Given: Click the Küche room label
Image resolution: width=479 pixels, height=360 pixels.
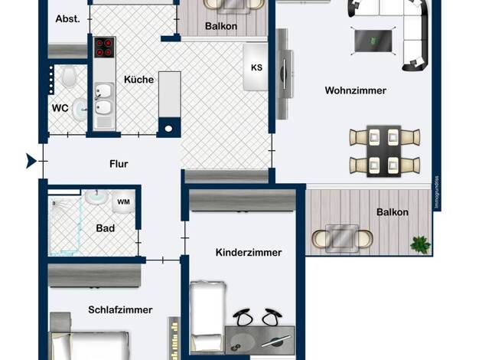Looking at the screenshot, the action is click(138, 80).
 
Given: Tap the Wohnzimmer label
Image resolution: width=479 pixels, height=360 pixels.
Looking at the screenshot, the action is click(356, 90).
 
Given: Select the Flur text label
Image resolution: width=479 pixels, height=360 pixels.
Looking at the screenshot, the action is click(119, 164).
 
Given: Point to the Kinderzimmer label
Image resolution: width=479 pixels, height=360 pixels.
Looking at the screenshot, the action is click(249, 252).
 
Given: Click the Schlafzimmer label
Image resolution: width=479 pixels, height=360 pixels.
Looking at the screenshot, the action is click(120, 310).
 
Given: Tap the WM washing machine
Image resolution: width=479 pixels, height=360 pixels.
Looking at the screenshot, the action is click(123, 202).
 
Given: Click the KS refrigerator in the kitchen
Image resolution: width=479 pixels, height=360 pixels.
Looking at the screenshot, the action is click(256, 67).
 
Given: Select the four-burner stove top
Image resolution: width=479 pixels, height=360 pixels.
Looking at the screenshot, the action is click(105, 47).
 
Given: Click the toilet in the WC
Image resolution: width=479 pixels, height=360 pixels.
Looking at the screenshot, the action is click(69, 77).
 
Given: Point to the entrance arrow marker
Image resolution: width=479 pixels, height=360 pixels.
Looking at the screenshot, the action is click(31, 161).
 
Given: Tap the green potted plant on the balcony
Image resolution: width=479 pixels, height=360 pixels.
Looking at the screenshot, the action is click(420, 244).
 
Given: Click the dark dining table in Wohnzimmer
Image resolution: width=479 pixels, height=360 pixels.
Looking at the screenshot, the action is click(383, 151).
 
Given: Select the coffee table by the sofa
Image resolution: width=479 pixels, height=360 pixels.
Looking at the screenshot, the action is click(373, 41).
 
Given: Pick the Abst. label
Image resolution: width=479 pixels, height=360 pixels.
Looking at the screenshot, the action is click(67, 19).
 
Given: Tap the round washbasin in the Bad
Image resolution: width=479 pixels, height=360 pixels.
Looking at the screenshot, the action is click(96, 196).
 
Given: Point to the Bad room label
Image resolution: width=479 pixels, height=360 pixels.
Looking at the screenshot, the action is click(106, 228).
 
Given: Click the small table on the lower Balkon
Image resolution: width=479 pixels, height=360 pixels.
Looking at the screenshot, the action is click(342, 238).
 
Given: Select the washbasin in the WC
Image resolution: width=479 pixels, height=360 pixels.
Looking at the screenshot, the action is click(80, 110).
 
